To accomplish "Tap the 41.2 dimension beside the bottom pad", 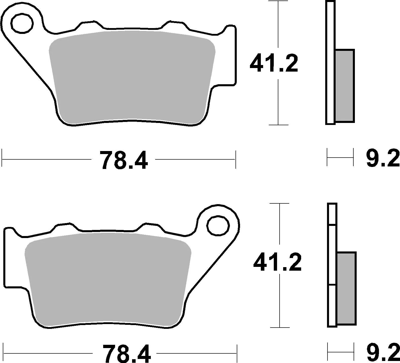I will click(277, 262).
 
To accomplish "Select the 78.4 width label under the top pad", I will click(123, 160).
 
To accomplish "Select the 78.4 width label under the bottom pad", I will click(126, 353).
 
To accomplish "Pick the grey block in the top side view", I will click(344, 86).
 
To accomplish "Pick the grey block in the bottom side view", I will click(347, 288).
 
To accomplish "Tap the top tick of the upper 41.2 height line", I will click(278, 2).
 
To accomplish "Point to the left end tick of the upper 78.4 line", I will click(2, 159).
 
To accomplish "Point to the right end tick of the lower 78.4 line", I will click(237, 353).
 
